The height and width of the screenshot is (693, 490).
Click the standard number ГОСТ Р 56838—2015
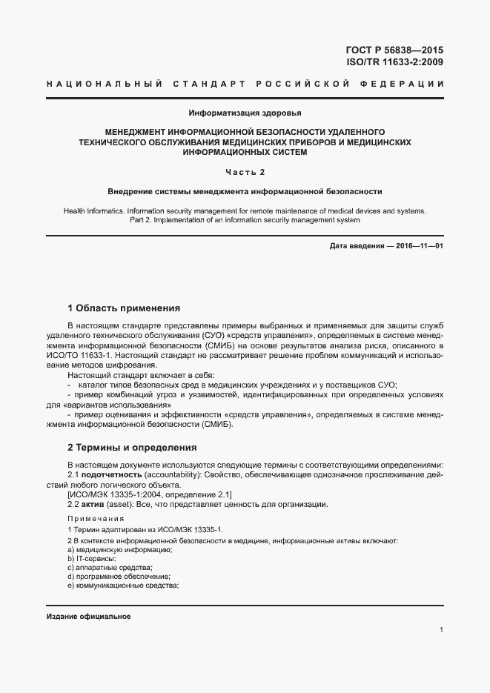(394, 50)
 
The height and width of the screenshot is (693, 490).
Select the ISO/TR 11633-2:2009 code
(394, 62)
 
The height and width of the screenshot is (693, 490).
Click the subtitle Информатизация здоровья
(245, 113)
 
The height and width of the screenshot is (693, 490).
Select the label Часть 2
(245, 173)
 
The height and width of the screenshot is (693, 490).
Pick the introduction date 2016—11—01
(417, 246)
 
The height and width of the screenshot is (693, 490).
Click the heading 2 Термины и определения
(132, 448)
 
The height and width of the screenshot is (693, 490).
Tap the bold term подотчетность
(111, 474)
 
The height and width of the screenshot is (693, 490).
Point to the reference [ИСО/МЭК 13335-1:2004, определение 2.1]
(149, 494)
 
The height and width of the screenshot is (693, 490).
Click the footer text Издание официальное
(88, 617)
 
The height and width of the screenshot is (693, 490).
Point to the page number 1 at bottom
(441, 630)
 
